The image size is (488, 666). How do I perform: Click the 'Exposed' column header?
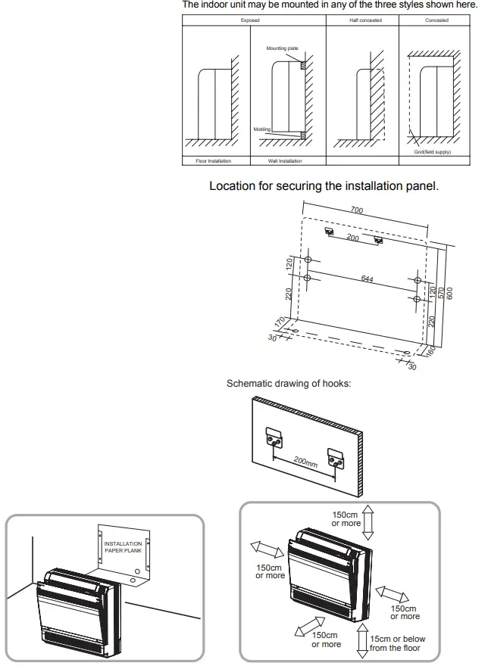click(250, 20)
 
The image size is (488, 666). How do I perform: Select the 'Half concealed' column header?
click(365, 20)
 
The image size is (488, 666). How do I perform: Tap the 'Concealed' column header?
click(437, 20)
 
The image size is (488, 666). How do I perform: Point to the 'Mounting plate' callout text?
click(282, 48)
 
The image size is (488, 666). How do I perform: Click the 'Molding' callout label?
click(261, 129)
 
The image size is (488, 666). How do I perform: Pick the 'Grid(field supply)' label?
click(432, 152)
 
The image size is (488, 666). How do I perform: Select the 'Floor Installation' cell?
click(213, 161)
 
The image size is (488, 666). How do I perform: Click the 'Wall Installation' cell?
click(284, 161)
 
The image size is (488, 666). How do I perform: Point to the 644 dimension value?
click(367, 279)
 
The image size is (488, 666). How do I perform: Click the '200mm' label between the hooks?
click(305, 461)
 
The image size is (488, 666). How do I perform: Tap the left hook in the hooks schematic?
click(274, 439)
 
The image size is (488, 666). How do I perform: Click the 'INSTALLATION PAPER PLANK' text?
click(122, 546)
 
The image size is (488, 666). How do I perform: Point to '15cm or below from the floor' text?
click(397, 643)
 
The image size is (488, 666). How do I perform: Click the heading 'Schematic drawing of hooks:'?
click(289, 384)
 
